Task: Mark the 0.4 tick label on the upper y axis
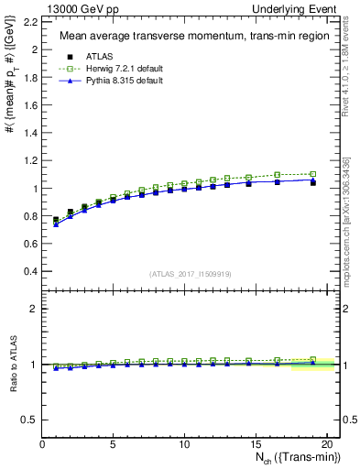pyautogui.click(x=29, y=272)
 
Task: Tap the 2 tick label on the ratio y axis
pyautogui.click(x=34, y=309)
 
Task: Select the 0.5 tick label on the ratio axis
pyautogui.click(x=29, y=420)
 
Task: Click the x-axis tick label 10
pyautogui.click(x=183, y=444)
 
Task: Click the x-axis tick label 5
pyautogui.click(x=113, y=444)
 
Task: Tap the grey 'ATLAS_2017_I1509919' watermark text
pyautogui.click(x=190, y=274)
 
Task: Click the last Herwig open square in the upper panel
pyautogui.click(x=312, y=174)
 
